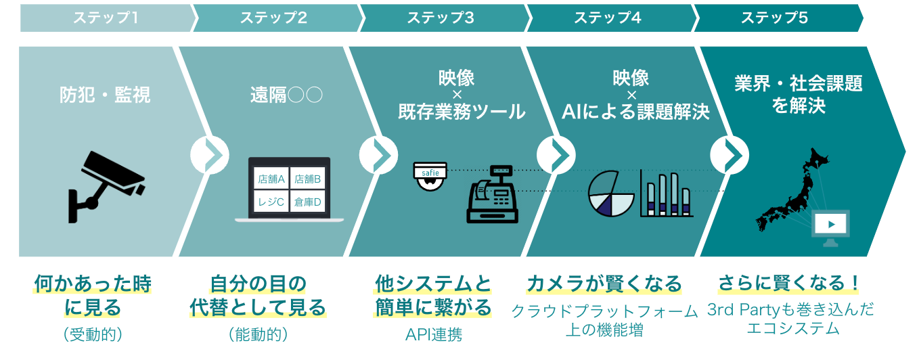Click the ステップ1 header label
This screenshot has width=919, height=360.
[106, 18]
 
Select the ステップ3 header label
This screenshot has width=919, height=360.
[440, 18]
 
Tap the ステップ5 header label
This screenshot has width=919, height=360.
[774, 18]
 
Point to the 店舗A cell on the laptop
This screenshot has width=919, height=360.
[271, 179]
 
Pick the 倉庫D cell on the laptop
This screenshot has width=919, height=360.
[308, 202]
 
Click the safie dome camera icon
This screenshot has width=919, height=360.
[431, 176]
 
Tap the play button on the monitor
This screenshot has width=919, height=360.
[831, 223]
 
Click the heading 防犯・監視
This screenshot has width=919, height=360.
[105, 95]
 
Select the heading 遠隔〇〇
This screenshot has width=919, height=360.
[286, 95]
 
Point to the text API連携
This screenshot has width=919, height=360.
[434, 334]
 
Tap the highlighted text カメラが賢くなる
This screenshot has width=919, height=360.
[604, 283]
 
